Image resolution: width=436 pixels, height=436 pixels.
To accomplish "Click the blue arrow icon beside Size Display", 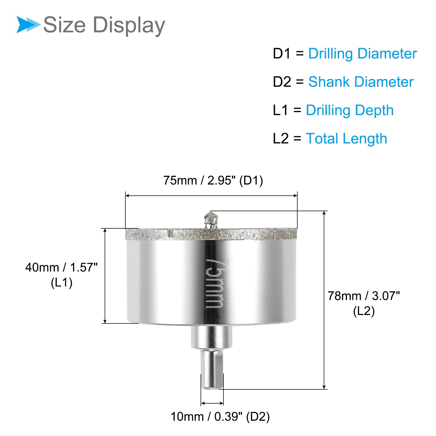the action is [28, 25].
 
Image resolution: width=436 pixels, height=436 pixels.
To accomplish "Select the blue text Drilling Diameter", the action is [362, 54].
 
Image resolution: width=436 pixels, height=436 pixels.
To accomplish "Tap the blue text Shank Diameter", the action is [361, 82].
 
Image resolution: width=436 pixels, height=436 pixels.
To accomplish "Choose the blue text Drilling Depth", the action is [350, 110].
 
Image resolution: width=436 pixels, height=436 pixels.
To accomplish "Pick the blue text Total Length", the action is [346, 138].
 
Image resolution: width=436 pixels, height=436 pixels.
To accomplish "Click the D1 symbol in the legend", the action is [282, 53].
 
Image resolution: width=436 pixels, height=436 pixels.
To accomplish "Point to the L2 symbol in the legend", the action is [281, 138].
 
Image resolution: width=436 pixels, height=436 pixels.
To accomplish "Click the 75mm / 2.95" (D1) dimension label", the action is [213, 181].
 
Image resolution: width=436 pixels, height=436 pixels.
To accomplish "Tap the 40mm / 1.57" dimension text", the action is [61, 267].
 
